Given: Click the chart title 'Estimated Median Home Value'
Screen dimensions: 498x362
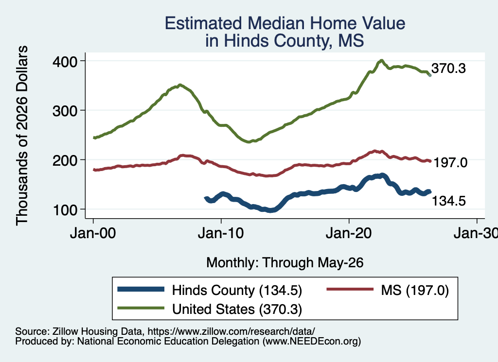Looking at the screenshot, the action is click(x=285, y=23).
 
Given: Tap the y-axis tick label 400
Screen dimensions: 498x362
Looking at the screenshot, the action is click(x=65, y=61).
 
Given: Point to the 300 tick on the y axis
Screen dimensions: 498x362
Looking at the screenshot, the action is click(x=65, y=111).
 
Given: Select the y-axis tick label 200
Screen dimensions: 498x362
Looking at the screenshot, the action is click(x=65, y=160).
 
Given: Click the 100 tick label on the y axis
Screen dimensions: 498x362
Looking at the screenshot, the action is click(x=65, y=210).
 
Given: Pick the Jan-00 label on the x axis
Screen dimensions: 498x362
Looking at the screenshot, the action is click(x=93, y=233).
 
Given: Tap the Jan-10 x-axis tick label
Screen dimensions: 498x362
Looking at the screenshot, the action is click(x=221, y=233).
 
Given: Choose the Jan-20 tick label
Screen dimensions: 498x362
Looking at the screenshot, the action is click(x=349, y=233).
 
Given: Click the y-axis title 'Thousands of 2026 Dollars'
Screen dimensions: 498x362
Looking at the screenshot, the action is click(x=22, y=136).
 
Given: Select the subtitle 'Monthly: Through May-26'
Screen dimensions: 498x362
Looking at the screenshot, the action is click(x=285, y=262).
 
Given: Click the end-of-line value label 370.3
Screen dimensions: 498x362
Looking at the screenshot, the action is click(x=448, y=68).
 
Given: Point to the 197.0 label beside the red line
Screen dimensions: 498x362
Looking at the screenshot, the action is click(x=450, y=162).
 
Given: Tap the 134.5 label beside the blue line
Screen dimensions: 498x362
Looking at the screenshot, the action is click(x=449, y=201).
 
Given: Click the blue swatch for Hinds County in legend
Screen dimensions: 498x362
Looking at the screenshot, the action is click(x=141, y=289).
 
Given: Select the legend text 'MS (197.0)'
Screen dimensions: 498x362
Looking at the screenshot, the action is click(x=415, y=290).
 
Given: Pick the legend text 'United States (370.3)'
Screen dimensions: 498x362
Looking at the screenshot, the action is click(x=237, y=309).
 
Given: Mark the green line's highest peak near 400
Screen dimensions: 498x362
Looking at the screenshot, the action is click(x=381, y=60).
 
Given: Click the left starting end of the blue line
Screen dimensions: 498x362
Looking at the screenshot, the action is click(x=206, y=198).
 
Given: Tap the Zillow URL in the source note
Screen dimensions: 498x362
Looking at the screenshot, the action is click(x=231, y=331).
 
